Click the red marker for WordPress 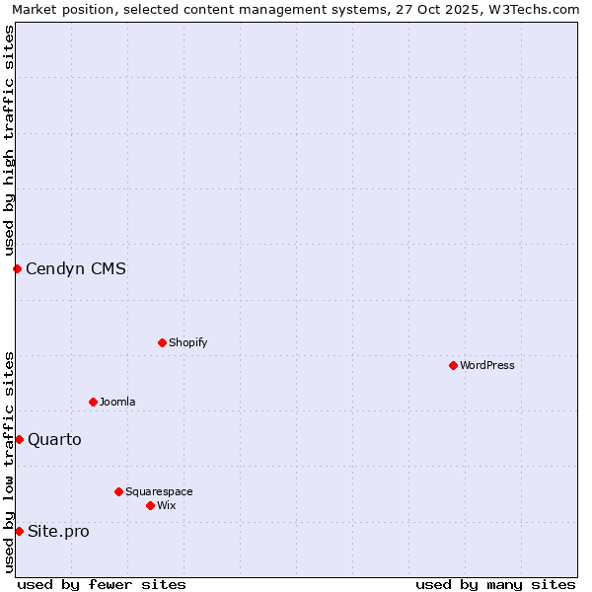pos(453,365)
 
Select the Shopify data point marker pos(162,342)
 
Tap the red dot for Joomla pos(93,402)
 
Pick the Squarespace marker pos(118,491)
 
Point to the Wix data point pos(150,505)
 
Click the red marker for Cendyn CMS pos(17,268)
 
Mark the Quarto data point pos(19,439)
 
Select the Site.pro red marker pos(19,531)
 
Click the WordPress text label pos(487,365)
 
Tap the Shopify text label pos(188,342)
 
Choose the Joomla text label pos(117,402)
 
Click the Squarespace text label pos(159,491)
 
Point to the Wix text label pos(167,505)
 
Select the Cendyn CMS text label pos(76,268)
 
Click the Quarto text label pos(54,439)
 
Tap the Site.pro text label pos(58,531)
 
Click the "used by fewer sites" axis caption pos(102,584)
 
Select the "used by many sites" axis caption pos(495,584)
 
